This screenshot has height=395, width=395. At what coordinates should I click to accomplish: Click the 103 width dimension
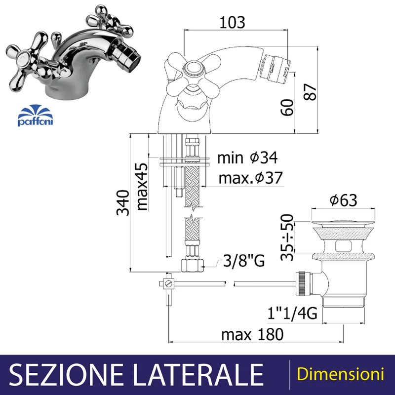pyautogui.click(x=232, y=22)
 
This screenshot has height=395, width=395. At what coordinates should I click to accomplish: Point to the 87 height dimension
pyautogui.click(x=310, y=92)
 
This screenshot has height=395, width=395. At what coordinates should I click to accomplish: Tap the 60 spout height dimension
pyautogui.click(x=287, y=108)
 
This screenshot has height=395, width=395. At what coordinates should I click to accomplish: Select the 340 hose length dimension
pyautogui.click(x=123, y=203)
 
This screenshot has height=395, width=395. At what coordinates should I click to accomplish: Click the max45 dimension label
pyautogui.click(x=142, y=187)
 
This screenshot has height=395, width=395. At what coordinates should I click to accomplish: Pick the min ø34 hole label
pyautogui.click(x=247, y=158)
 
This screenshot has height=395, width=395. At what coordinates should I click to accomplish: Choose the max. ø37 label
pyautogui.click(x=251, y=178)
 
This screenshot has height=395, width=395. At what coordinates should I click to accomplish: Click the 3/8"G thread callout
pyautogui.click(x=244, y=261)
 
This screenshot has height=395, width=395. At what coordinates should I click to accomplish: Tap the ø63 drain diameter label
pyautogui.click(x=343, y=200)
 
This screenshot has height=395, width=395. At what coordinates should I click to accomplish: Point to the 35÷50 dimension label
pyautogui.click(x=287, y=237)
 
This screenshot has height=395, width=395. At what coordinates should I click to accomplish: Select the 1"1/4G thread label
pyautogui.click(x=292, y=314)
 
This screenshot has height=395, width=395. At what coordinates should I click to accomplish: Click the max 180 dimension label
pyautogui.click(x=252, y=335)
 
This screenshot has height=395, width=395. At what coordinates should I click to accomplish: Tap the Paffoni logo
pyautogui.click(x=35, y=116)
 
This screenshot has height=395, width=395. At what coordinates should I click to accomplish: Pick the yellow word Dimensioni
pyautogui.click(x=340, y=374)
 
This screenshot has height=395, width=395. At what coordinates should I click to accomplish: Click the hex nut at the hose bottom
pyautogui.click(x=192, y=266)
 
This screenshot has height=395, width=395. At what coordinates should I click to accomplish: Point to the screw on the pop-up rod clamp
pyautogui.click(x=168, y=284)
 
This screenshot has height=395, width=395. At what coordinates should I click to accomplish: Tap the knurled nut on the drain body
pyautogui.click(x=302, y=283)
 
